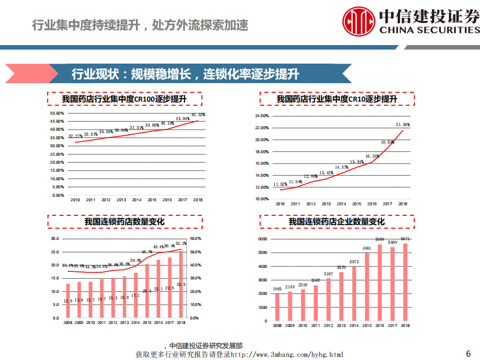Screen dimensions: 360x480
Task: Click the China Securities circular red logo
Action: [359, 21]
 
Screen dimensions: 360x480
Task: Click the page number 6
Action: [468, 353]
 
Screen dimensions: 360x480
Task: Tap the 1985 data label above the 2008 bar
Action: [278, 288]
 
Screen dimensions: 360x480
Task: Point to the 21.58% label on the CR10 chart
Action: [402, 125]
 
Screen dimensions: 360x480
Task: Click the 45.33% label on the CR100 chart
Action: [198, 115]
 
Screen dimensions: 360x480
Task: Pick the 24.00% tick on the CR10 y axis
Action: [262, 116]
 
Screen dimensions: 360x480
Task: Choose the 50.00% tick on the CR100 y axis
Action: [58, 113]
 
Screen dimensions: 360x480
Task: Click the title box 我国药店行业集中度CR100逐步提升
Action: [125, 99]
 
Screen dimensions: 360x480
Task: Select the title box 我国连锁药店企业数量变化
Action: [336, 222]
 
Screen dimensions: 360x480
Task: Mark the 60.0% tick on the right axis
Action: [196, 239]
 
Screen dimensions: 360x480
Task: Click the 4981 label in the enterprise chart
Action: [367, 248]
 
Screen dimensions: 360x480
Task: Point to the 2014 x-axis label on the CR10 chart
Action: [341, 204]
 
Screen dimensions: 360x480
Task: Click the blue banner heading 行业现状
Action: [185, 75]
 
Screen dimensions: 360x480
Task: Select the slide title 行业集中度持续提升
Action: [140, 25]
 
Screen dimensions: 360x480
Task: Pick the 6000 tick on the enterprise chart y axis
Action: [263, 239]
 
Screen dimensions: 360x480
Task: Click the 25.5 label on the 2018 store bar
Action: [182, 284]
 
